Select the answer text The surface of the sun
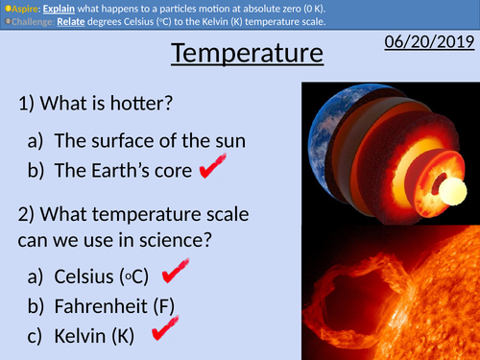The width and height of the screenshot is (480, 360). [x=150, y=141]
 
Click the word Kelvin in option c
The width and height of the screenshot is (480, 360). [x=80, y=338]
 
